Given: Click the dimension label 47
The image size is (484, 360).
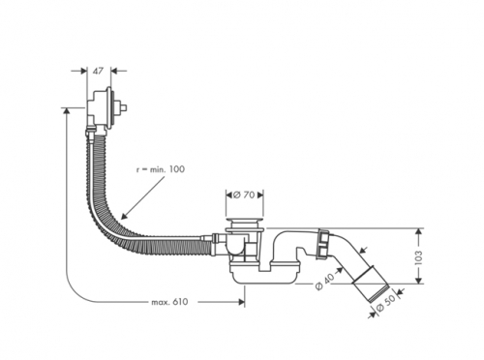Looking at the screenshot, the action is [x=98, y=71].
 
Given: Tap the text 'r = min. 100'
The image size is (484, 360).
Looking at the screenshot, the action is [x=161, y=168].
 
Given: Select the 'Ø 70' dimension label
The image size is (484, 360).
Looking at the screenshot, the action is [x=244, y=195].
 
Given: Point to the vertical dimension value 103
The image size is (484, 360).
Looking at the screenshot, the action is [x=417, y=256].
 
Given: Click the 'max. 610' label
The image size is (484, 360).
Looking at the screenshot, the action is [x=169, y=302].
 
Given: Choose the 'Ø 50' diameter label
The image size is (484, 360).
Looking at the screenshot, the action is [x=385, y=304].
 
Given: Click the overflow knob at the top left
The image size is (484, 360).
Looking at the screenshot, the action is [x=123, y=107].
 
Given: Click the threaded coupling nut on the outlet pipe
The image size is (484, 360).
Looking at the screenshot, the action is [x=322, y=243].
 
